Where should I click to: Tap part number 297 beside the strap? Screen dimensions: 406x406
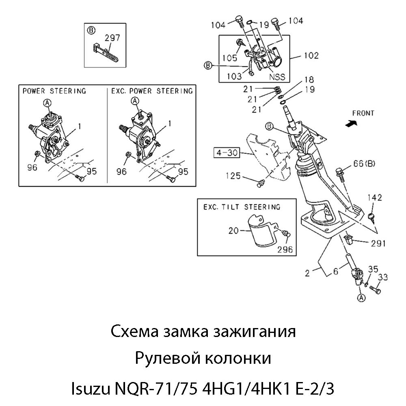pos(112,38)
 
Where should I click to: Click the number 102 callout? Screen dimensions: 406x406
pos(311,55)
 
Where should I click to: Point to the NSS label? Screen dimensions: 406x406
pos(277,76)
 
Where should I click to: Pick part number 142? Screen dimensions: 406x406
pos(374,198)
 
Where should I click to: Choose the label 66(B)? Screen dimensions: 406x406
pos(364,164)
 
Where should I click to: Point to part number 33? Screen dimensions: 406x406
pos(383,277)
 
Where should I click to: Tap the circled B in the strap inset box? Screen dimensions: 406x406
pos(91,30)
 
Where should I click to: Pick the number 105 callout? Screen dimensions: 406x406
pos(230,58)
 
